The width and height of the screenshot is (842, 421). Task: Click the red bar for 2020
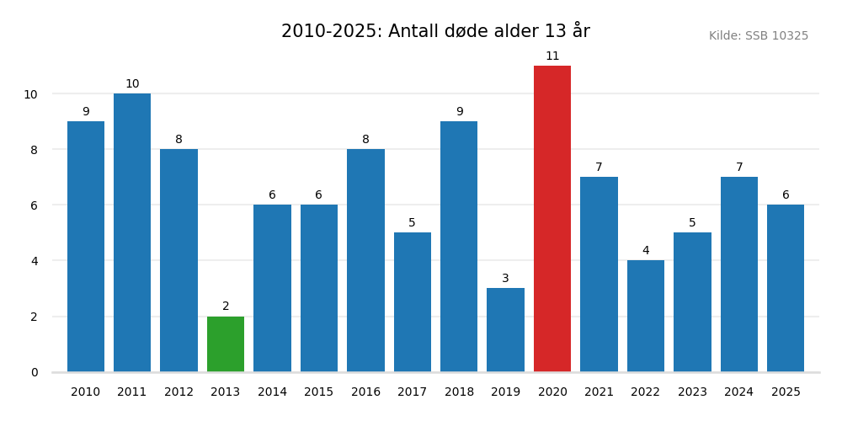(x=552, y=219)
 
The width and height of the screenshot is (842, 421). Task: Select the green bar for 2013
(x=226, y=344)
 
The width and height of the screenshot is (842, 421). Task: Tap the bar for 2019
(x=505, y=330)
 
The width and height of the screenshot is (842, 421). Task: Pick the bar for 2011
(x=132, y=232)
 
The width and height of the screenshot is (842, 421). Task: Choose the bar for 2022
(x=646, y=316)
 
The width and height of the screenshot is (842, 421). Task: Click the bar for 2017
(x=413, y=302)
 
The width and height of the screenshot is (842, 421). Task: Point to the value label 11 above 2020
(x=552, y=56)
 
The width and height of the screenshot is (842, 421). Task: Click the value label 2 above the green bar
(x=226, y=306)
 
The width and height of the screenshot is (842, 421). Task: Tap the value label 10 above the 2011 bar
(x=132, y=84)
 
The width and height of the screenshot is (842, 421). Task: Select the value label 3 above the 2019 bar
(x=505, y=279)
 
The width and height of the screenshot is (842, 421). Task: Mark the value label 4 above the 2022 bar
(x=646, y=251)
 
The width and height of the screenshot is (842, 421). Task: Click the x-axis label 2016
(x=365, y=392)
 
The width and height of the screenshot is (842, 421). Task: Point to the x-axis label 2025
(x=786, y=392)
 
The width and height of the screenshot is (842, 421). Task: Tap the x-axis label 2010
(x=86, y=392)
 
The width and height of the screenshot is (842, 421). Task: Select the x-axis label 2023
(x=692, y=392)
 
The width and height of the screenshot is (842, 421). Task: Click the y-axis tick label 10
(x=30, y=94)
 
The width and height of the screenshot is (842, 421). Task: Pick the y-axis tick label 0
(x=35, y=372)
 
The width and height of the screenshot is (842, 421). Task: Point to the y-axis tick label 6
(x=35, y=205)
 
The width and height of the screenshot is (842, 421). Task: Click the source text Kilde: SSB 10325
(x=758, y=36)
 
